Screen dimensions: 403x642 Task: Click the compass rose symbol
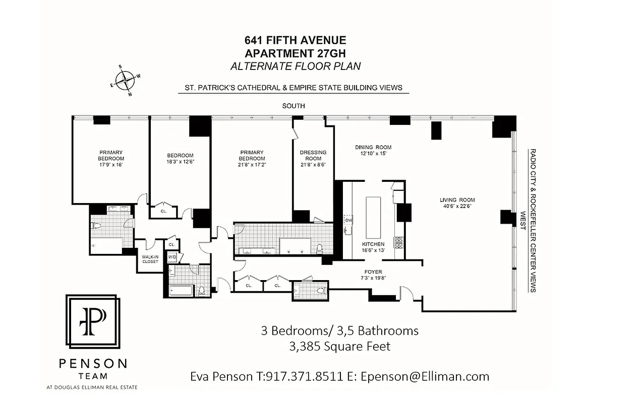(x=125, y=80)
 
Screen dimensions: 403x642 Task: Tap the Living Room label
(x=457, y=200)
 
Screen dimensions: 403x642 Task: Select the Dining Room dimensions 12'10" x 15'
(x=373, y=154)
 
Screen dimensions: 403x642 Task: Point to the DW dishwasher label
(x=348, y=220)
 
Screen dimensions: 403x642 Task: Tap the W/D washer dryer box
(x=172, y=257)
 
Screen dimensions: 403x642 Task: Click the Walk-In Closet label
(x=150, y=259)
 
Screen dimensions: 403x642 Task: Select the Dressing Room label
(x=313, y=155)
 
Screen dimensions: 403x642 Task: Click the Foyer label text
(x=373, y=272)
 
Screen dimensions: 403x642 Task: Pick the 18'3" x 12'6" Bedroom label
(x=180, y=158)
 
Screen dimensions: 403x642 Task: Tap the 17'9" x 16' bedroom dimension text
(x=110, y=165)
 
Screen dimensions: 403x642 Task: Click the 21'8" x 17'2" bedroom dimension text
(x=252, y=165)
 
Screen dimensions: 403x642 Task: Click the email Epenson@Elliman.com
(x=425, y=376)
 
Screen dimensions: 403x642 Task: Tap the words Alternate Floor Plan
(x=295, y=66)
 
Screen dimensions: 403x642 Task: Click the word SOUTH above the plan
(x=294, y=106)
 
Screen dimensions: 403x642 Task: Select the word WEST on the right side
(x=523, y=220)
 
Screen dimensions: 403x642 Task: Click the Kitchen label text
(x=373, y=244)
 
